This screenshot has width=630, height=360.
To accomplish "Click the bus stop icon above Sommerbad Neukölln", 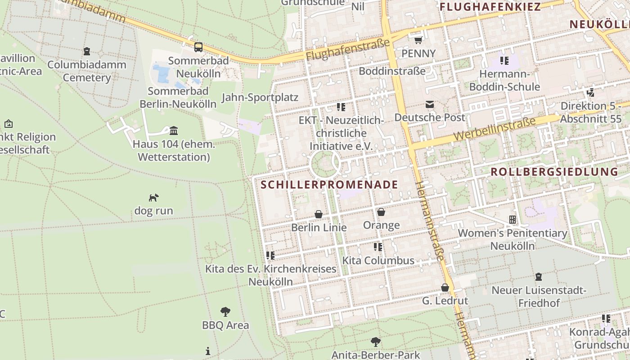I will click(x=198, y=47).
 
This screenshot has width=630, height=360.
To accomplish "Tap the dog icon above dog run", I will click(x=153, y=198).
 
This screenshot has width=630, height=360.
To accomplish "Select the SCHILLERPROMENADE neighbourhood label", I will click(x=329, y=184).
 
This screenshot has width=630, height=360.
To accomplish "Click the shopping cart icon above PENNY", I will click(x=418, y=40).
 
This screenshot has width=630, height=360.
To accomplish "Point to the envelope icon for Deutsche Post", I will click(x=430, y=104).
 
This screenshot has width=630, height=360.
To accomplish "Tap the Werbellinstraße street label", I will click(x=495, y=129).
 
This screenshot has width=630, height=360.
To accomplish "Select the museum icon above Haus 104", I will click(x=174, y=131).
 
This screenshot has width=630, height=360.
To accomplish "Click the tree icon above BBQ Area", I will click(x=225, y=311).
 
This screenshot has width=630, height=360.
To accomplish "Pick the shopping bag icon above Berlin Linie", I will click(x=319, y=214).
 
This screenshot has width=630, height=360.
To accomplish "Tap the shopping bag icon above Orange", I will click(x=381, y=212).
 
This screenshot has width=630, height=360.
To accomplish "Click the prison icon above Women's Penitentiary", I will click(x=512, y=220).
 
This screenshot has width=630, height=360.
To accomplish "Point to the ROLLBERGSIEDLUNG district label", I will click(x=554, y=171).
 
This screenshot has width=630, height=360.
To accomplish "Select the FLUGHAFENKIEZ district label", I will click(x=490, y=7).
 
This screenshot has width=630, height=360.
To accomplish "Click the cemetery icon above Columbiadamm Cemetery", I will click(x=86, y=51).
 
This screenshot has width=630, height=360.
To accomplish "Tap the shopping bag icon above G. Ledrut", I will click(x=445, y=287).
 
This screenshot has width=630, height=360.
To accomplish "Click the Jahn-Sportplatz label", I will click(x=260, y=97).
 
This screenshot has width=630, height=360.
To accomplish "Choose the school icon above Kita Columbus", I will click(x=378, y=247).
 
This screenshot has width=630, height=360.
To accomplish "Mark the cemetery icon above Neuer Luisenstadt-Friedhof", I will click(x=538, y=277).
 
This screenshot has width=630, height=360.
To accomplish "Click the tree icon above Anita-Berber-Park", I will click(x=375, y=342).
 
